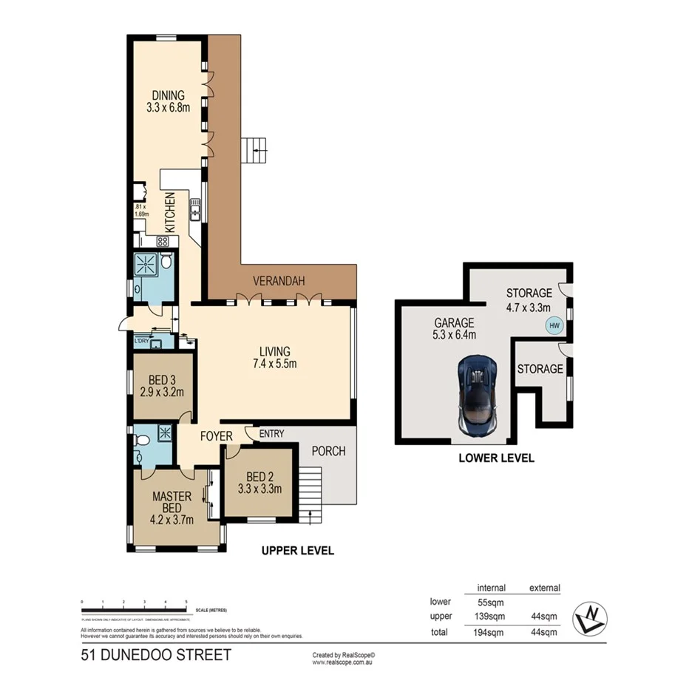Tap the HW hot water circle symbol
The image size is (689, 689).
pyautogui.click(x=552, y=325)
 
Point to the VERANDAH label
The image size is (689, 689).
pyautogui.click(x=279, y=281)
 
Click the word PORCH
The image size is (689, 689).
pyautogui.click(x=328, y=451)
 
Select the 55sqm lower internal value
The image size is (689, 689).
pyautogui.click(x=491, y=602)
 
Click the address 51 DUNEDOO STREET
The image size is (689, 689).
pyautogui.click(x=155, y=654)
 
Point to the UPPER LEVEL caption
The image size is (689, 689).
pyautogui.click(x=298, y=551)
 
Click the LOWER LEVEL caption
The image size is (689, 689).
pyautogui.click(x=496, y=458)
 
